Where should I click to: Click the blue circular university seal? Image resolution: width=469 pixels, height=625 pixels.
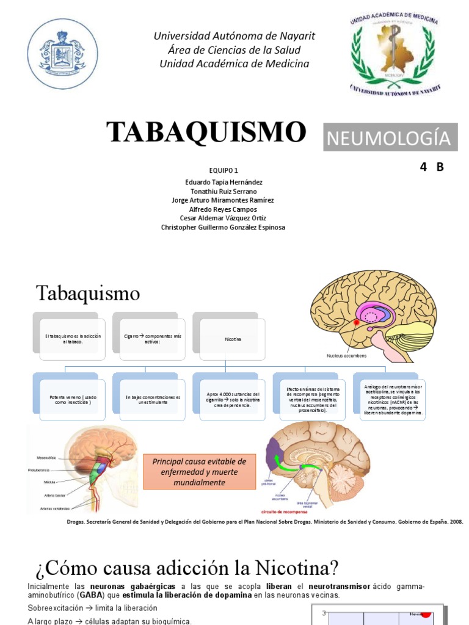pyautogui.click(x=63, y=54)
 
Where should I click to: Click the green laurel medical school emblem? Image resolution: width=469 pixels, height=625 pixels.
pyautogui.click(x=394, y=54)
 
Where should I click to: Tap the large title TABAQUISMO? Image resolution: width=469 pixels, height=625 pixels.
pyautogui.click(x=206, y=132)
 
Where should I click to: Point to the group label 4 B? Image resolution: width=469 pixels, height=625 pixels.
pyautogui.click(x=431, y=167)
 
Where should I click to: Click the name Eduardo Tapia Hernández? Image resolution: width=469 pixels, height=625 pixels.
pyautogui.click(x=224, y=182)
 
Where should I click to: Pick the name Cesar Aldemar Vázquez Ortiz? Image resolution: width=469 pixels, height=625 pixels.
pyautogui.click(x=223, y=218)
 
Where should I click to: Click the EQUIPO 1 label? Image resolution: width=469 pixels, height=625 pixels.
pyautogui.click(x=223, y=170)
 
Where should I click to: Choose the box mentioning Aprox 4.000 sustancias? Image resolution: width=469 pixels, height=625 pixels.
pyautogui.click(x=229, y=400)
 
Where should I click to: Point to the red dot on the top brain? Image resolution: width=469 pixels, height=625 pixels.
pyautogui.click(x=357, y=321)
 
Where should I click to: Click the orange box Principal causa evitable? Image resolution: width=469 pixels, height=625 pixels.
pyautogui.click(x=200, y=472)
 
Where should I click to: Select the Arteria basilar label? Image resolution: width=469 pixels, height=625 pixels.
pyautogui.click(x=45, y=496)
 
